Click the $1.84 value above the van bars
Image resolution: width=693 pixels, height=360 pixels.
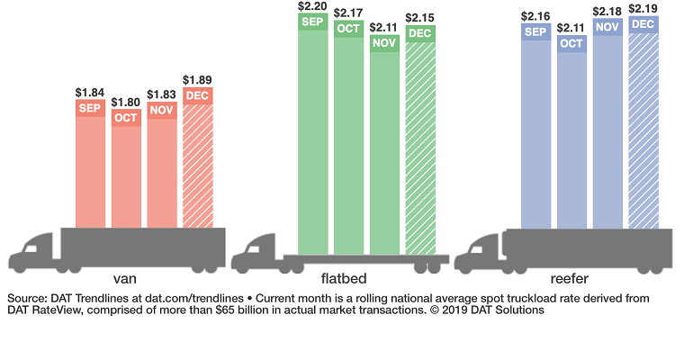[90, 93]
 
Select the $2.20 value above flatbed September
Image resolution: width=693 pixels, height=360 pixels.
[313, 6]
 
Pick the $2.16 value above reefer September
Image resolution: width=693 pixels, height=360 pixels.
[535, 16]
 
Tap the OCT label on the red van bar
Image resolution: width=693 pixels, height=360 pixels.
[126, 118]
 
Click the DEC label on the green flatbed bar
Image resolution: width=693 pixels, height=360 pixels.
[420, 34]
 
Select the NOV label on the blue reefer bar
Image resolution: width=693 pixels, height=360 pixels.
[607, 26]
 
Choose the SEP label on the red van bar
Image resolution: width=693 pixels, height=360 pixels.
[90, 108]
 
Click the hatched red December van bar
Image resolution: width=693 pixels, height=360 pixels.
[198, 166]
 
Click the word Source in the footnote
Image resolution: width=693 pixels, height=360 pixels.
[28, 297]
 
